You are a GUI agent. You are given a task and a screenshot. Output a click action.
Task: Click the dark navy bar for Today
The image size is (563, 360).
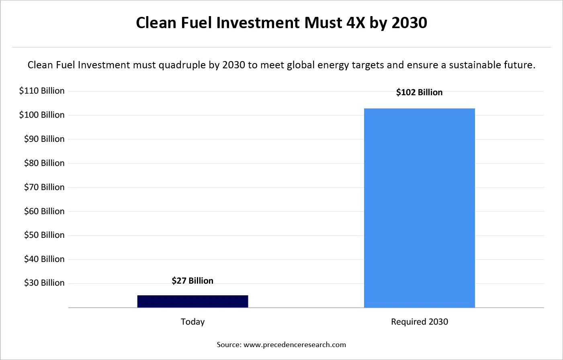[x=192, y=301]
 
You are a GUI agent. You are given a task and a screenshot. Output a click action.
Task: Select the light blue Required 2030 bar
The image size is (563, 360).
[x=419, y=208]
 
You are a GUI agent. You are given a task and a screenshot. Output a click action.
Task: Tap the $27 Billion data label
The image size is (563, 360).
[x=192, y=280]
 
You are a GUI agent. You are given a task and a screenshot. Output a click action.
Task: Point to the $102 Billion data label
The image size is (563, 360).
[x=419, y=92]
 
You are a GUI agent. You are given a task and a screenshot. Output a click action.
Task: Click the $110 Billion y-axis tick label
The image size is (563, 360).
[x=42, y=91]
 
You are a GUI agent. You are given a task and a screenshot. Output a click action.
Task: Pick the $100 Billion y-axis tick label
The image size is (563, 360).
[x=42, y=115]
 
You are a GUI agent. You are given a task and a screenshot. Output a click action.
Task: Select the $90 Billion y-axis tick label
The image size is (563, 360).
[x=44, y=139]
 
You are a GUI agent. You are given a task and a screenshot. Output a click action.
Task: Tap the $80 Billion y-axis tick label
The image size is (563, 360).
[x=44, y=163]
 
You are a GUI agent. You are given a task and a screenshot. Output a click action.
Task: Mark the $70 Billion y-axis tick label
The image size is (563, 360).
[x=44, y=187]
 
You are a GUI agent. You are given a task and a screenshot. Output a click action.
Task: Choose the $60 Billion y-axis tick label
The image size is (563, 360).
[x=44, y=211]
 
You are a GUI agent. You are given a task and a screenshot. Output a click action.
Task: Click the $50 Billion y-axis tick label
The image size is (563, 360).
[x=44, y=235]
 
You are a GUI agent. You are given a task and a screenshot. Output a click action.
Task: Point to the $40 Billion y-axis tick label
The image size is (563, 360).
[x=44, y=259]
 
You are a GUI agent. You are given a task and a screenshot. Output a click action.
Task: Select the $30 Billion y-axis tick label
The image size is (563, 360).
[x=44, y=283]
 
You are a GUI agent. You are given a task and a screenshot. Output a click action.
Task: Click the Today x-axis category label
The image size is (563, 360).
[x=192, y=322]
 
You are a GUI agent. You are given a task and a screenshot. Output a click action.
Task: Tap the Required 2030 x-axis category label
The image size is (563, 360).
[x=419, y=322]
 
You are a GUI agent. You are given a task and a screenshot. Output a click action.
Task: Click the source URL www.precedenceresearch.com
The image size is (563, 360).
[x=295, y=345]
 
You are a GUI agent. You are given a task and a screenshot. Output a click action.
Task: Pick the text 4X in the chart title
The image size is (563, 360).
[x=355, y=23]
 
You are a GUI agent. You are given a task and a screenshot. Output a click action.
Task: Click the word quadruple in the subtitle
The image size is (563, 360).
[x=182, y=65]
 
